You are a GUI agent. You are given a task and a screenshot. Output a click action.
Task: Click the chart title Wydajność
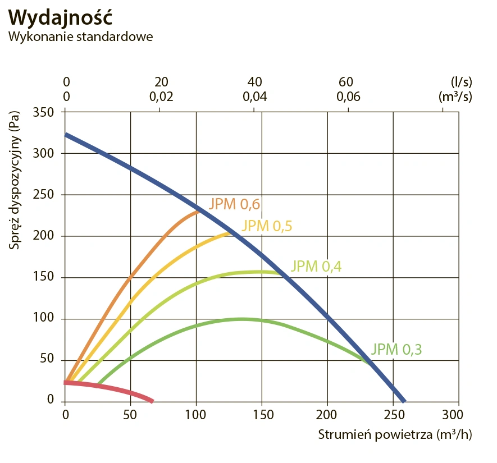pyautogui.click(x=61, y=17)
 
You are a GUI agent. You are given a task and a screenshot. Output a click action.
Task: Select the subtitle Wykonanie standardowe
pyautogui.click(x=80, y=36)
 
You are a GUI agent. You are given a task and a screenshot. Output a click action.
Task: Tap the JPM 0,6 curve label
pyautogui.click(x=235, y=204)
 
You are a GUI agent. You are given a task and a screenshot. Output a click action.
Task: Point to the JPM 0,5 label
pyautogui.click(x=267, y=226)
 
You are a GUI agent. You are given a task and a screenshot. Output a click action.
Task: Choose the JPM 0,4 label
pyautogui.click(x=316, y=267)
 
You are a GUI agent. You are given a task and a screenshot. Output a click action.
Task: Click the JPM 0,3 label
pyautogui.click(x=396, y=349)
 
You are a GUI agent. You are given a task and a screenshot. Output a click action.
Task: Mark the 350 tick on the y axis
pyautogui.click(x=43, y=112)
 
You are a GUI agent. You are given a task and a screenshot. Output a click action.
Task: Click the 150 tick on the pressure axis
pyautogui.click(x=43, y=277)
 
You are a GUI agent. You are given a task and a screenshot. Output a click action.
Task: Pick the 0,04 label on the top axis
pyautogui.click(x=255, y=96)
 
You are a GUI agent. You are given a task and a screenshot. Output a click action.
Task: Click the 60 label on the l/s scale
pyautogui.click(x=346, y=82)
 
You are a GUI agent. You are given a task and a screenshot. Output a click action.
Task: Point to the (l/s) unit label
pyautogui.click(x=460, y=82)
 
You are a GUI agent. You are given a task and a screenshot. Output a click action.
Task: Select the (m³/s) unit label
pyautogui.click(x=455, y=96)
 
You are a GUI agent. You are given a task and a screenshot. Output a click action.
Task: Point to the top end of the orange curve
pyautogui.click(x=198, y=211)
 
